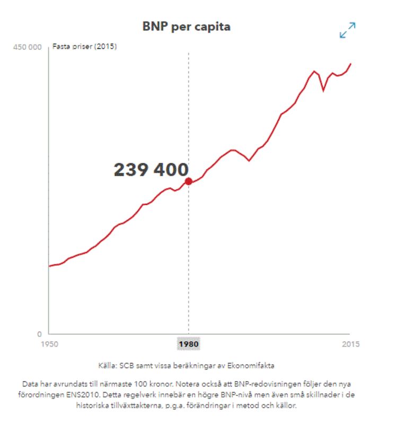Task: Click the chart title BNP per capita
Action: coord(187,26)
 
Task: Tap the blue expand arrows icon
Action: coord(348,30)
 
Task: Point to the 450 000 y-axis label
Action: coord(27,47)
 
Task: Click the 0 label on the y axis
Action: coord(39,334)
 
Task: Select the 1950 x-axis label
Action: coord(49,344)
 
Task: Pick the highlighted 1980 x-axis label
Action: coord(188,344)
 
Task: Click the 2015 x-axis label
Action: coord(349,344)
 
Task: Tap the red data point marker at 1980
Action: coord(188,182)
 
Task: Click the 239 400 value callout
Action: coord(151,170)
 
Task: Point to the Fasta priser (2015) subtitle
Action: coord(84,47)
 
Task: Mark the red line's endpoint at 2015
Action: coord(350,64)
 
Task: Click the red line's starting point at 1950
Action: coord(49,266)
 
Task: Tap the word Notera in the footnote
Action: coord(183,383)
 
